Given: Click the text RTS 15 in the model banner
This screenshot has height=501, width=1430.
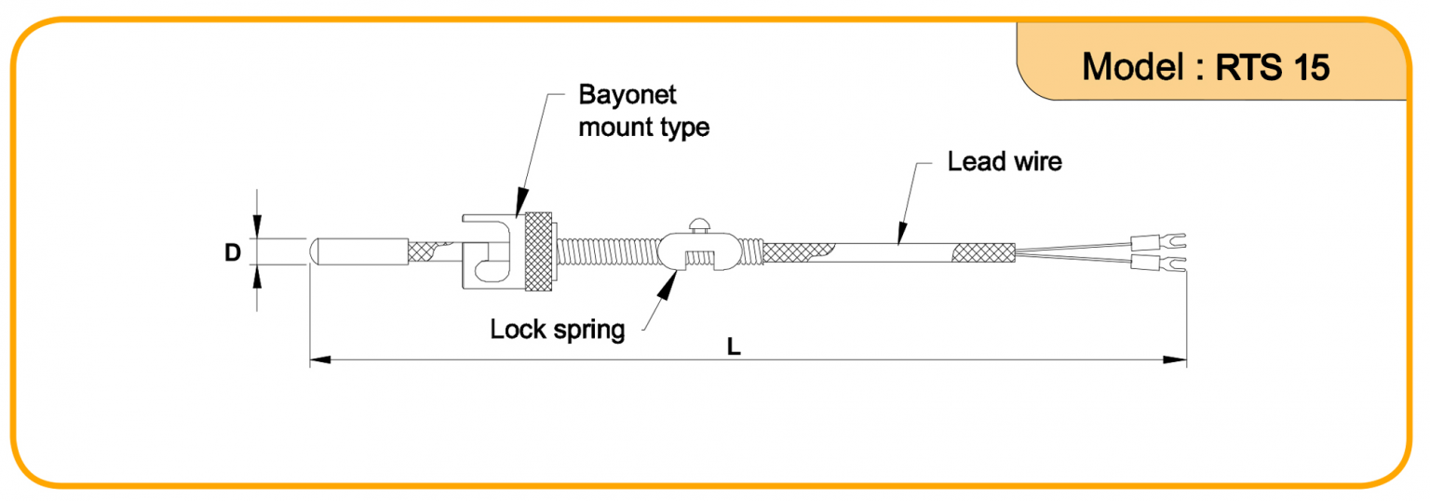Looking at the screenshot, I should coord(1273,66).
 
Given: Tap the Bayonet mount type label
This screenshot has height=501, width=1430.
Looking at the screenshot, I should coord(643,111).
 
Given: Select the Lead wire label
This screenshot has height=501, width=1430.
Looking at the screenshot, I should coord(1004,161).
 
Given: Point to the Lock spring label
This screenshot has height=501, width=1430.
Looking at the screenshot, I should coord(558,329).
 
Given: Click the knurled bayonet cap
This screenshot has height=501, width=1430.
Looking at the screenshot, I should coord(537,252).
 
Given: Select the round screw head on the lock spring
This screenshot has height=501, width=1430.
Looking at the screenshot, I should coord(697,223).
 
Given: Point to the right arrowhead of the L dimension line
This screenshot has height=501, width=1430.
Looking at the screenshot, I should coord(1179,359).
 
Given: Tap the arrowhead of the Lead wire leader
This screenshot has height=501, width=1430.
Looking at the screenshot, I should coord(900,237).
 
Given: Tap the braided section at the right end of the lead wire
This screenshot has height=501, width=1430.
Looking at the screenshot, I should coord(982,251).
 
